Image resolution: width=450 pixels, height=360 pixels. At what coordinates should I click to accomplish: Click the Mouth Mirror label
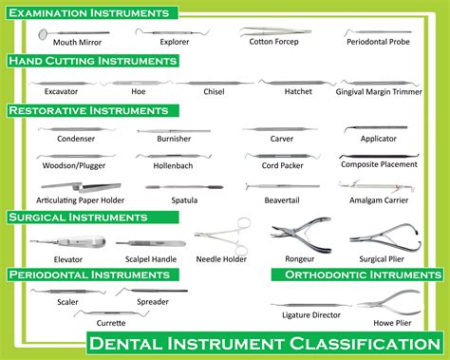tap(78, 43)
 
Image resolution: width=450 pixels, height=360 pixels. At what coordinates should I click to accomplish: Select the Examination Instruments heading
tap(91, 13)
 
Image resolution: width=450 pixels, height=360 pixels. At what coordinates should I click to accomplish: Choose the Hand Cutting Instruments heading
tap(93, 61)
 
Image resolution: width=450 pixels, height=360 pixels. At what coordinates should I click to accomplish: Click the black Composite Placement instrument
tap(376, 156)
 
